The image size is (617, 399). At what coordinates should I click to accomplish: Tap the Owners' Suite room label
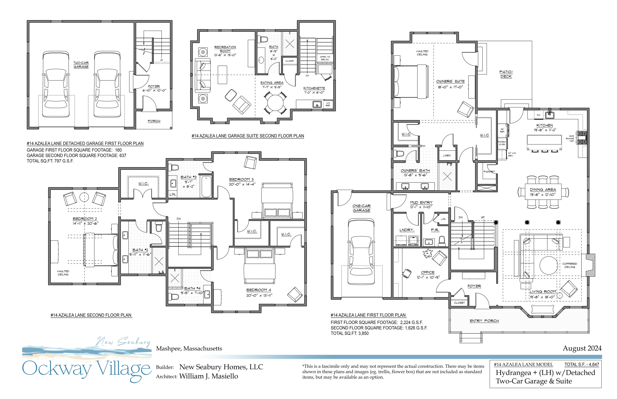[x=450, y=81]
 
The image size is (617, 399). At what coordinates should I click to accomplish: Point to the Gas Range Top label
[x=571, y=138]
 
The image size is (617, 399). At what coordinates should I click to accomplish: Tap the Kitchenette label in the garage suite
[x=314, y=88]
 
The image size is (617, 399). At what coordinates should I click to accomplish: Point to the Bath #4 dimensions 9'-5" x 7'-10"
[x=192, y=293]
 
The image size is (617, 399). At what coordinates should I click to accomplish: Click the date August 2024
[x=582, y=348]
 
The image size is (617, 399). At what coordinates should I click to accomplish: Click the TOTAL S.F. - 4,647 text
[x=582, y=364]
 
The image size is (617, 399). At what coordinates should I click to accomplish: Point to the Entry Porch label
[x=484, y=321]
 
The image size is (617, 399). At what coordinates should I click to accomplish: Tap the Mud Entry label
[x=421, y=202]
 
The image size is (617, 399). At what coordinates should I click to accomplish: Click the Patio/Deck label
[x=506, y=74]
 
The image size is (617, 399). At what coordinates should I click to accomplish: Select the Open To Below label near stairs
[x=325, y=58]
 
